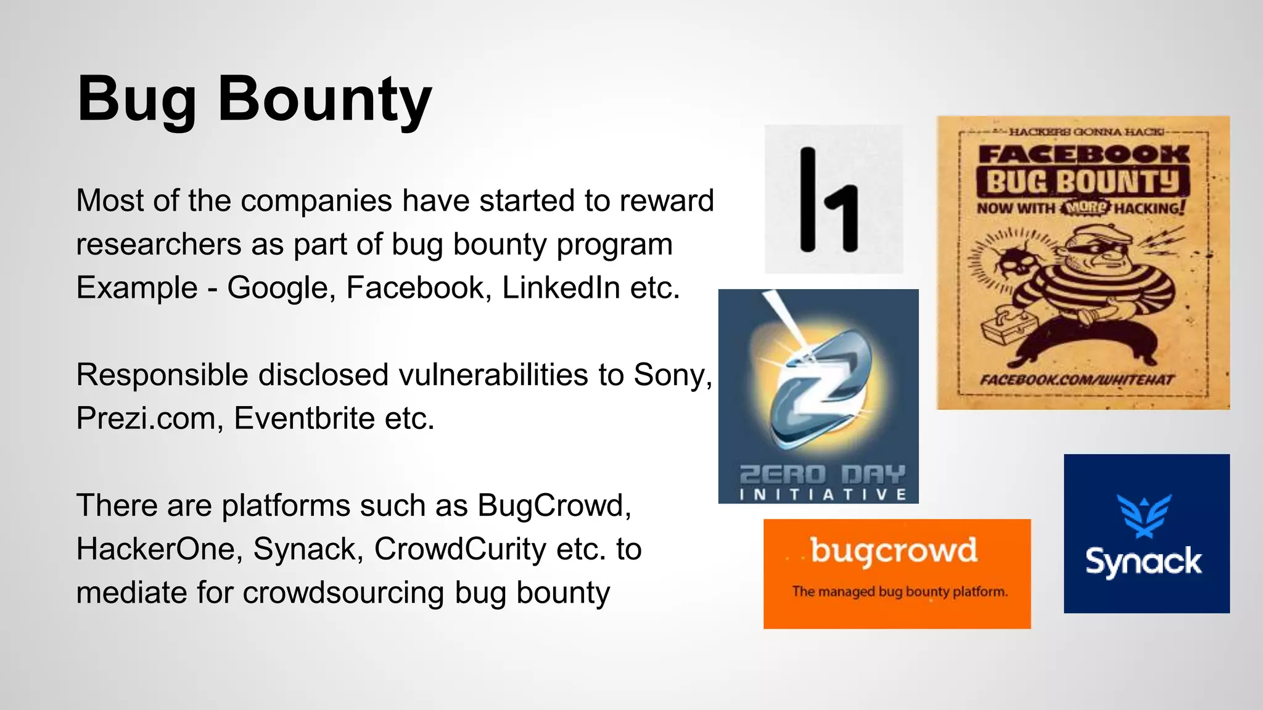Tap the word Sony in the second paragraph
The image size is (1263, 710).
[672, 375]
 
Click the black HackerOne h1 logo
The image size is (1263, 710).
[829, 200]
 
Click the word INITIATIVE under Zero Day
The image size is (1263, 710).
[823, 494]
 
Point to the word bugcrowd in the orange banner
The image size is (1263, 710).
[894, 550]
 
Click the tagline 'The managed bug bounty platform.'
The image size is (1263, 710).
[900, 592]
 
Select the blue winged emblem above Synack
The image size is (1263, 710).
[1145, 515]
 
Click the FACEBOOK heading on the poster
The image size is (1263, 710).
[1084, 153]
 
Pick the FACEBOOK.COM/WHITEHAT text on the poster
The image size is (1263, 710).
[1077, 380]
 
